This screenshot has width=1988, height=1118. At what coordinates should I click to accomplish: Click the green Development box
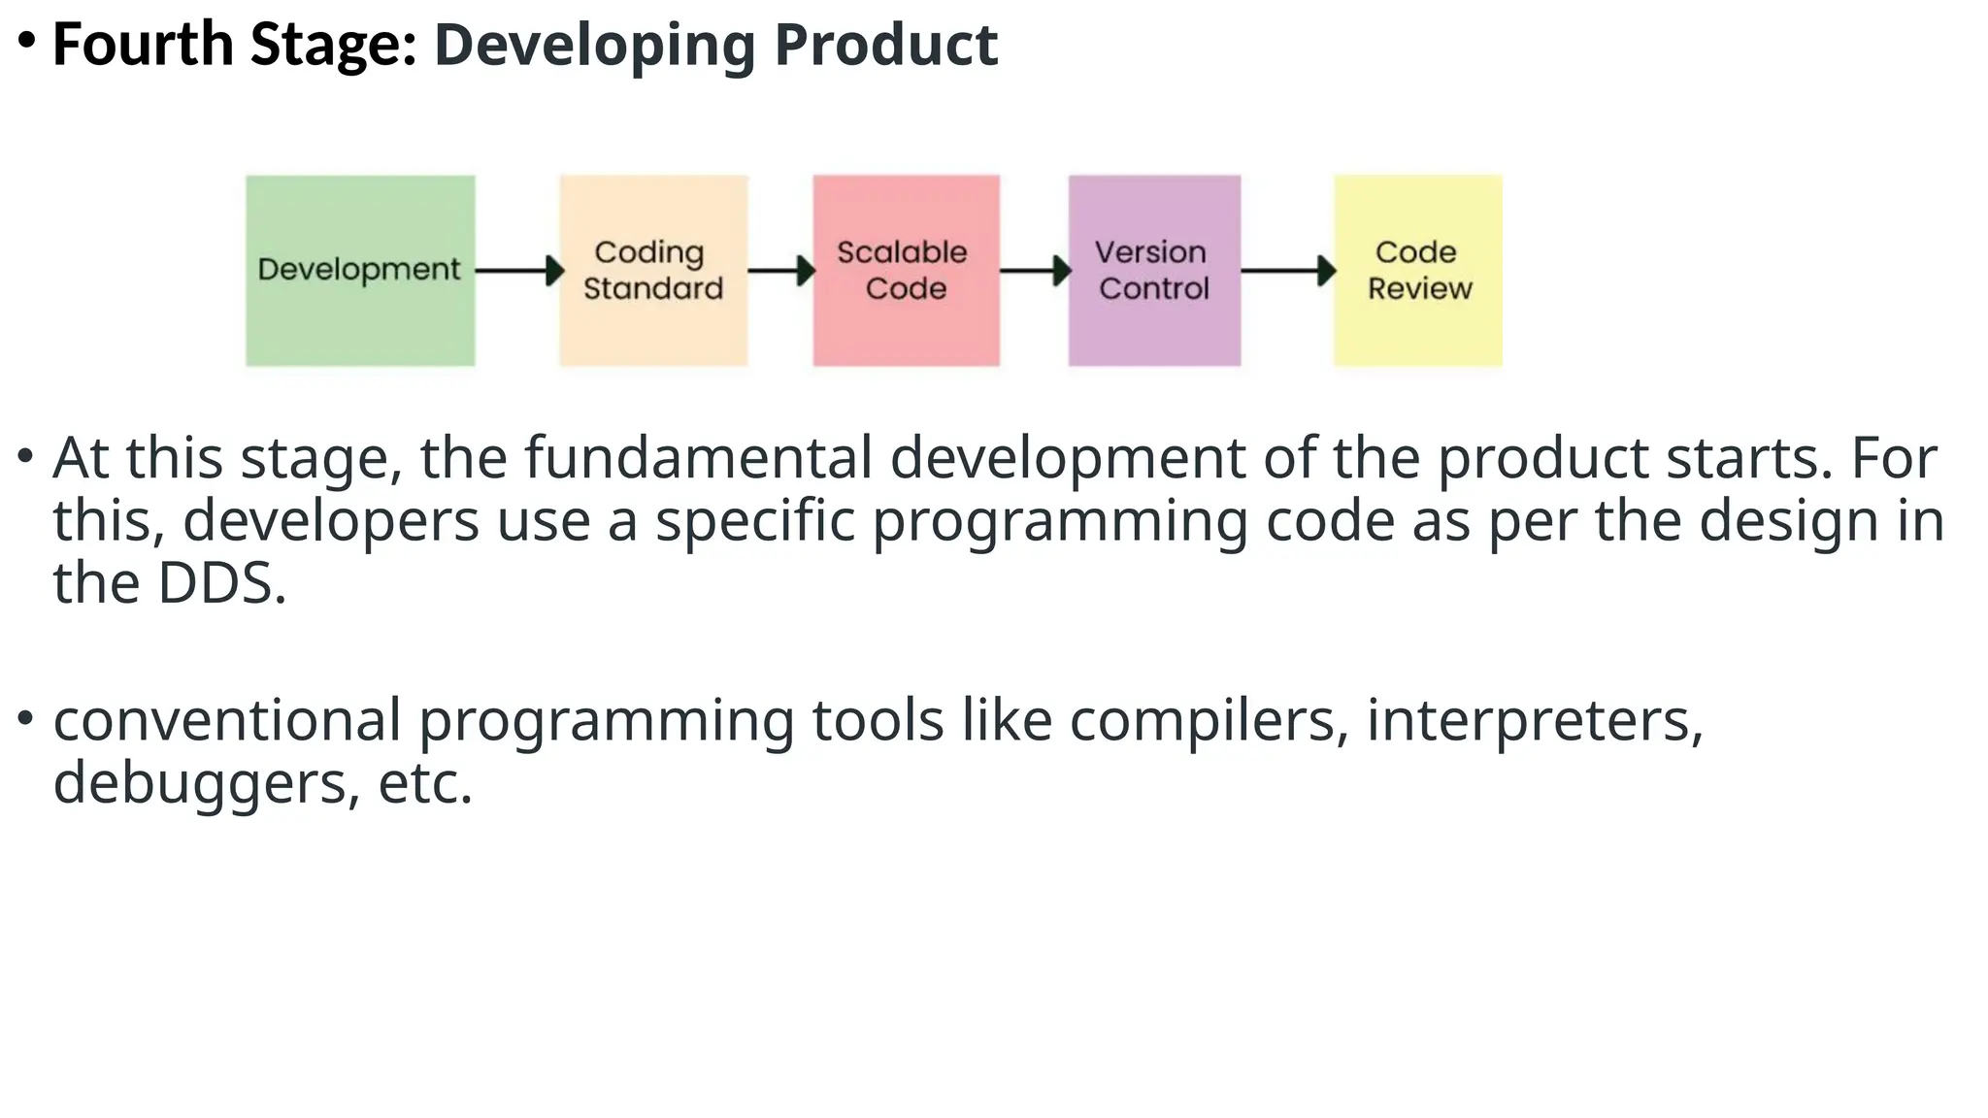click(360, 270)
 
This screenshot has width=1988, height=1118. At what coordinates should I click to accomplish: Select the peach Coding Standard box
click(653, 270)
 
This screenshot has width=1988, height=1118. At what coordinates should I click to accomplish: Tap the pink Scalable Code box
click(906, 270)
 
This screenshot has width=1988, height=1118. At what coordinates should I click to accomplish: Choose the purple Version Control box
click(1154, 270)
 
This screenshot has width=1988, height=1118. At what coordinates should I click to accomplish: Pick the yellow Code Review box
click(1417, 270)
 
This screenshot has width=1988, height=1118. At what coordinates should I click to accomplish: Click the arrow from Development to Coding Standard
click(518, 271)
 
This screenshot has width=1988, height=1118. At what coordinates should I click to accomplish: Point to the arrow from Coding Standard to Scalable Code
click(780, 271)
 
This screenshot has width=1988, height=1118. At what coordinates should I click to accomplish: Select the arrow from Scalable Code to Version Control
click(1035, 271)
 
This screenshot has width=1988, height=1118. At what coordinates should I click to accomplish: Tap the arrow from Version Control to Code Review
click(1287, 271)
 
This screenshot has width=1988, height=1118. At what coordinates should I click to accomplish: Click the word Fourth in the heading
click(143, 45)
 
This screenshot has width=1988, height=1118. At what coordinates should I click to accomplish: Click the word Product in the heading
click(885, 45)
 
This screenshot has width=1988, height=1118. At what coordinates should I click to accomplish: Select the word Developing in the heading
click(594, 47)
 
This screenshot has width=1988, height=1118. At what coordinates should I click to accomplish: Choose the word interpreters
click(1534, 721)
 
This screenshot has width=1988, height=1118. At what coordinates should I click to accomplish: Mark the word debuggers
click(199, 784)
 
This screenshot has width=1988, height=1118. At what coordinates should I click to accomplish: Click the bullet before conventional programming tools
click(26, 719)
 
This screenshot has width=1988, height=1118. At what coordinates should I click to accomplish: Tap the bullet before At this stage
click(26, 455)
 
